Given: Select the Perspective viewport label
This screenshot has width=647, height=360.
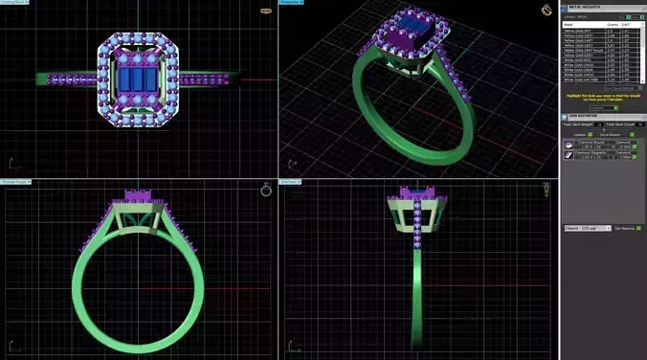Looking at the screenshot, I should (291, 3).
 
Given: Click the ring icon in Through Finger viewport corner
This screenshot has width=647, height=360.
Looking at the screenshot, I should (266, 191).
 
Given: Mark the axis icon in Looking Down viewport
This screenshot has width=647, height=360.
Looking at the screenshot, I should (14, 164).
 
